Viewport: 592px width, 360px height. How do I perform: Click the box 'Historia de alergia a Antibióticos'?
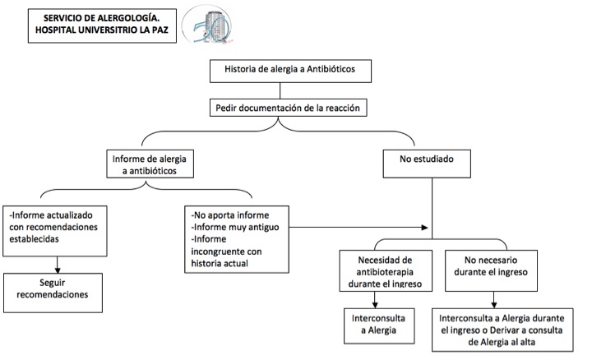(x=289, y=70)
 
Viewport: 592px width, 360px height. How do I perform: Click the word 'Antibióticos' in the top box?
(x=326, y=70)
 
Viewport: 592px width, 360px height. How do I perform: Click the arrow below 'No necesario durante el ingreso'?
(x=493, y=298)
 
